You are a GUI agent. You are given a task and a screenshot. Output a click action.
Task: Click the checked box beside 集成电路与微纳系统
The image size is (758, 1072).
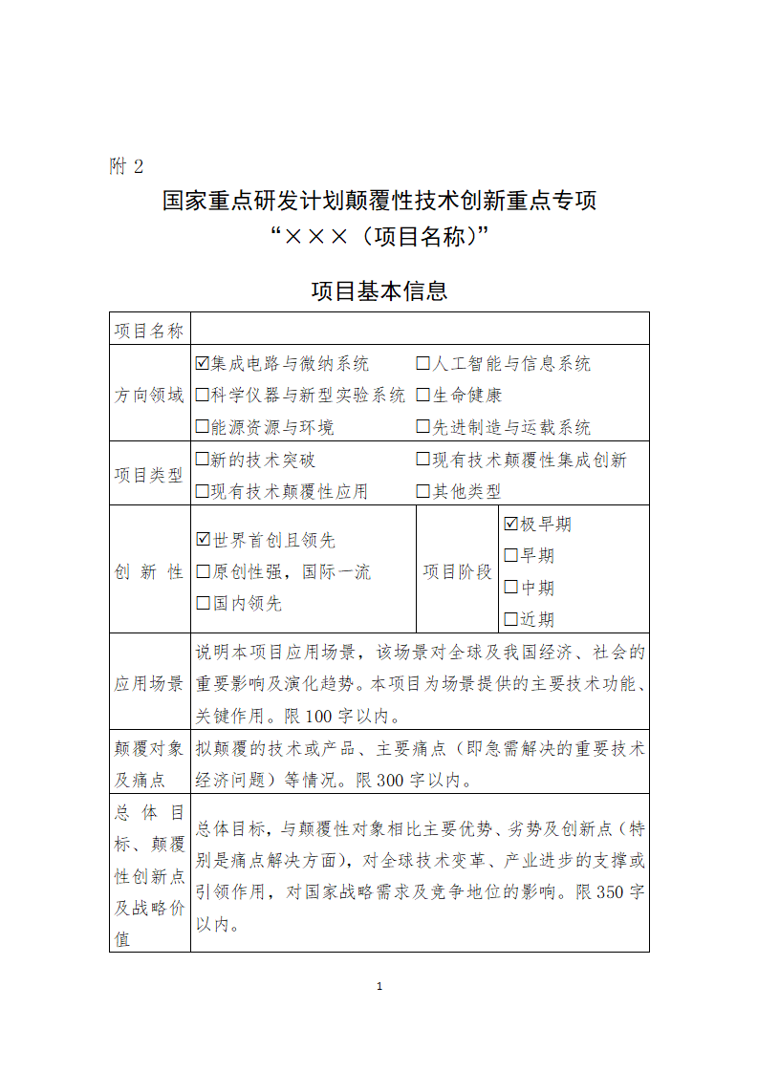pyautogui.click(x=203, y=364)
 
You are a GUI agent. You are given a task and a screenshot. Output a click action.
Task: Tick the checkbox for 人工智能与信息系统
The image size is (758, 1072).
pyautogui.click(x=423, y=364)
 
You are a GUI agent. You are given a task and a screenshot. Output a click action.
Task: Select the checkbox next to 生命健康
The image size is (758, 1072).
pyautogui.click(x=423, y=396)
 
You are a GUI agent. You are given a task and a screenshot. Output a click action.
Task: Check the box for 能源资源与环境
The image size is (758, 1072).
pyautogui.click(x=203, y=427)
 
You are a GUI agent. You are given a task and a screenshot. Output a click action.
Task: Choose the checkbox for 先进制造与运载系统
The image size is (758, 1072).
pyautogui.click(x=423, y=427)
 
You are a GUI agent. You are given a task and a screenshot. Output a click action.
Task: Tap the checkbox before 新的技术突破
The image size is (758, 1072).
pyautogui.click(x=203, y=460)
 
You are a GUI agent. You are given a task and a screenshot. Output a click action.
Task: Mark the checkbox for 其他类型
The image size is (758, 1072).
pyautogui.click(x=423, y=491)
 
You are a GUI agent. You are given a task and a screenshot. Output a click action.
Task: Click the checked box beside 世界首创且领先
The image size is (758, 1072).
pyautogui.click(x=203, y=540)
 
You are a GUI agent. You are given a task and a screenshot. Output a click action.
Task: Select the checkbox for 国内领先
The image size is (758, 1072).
pyautogui.click(x=203, y=603)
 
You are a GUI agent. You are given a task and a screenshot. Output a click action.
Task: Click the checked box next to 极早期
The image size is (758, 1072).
pyautogui.click(x=510, y=524)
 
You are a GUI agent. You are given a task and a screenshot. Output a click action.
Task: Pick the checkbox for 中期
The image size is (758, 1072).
pyautogui.click(x=510, y=587)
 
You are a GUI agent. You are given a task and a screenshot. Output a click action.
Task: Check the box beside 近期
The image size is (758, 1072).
pyautogui.click(x=510, y=618)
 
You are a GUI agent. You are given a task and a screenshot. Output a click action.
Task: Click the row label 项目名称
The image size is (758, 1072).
pyautogui.click(x=149, y=331)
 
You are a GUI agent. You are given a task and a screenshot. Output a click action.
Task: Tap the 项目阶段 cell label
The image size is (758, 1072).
pyautogui.click(x=457, y=571)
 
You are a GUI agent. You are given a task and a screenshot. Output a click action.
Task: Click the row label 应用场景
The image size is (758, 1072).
pyautogui.click(x=149, y=683)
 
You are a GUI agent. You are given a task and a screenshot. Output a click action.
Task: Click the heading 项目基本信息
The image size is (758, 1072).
pyautogui.click(x=379, y=290)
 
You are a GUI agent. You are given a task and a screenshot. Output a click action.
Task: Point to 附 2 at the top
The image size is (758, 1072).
pyautogui.click(x=126, y=166)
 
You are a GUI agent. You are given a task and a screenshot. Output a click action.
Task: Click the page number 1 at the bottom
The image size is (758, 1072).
pyautogui.click(x=379, y=986)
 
